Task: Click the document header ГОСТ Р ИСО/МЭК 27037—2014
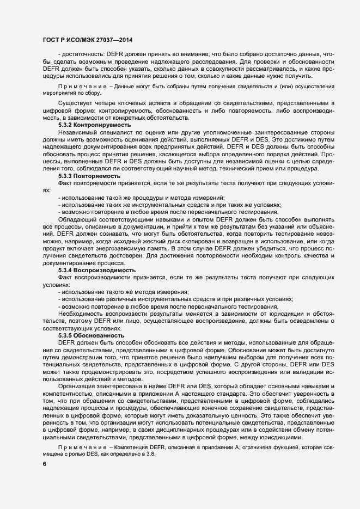(87, 40)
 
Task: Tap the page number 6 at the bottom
(44, 464)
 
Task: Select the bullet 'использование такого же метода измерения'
(125, 292)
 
